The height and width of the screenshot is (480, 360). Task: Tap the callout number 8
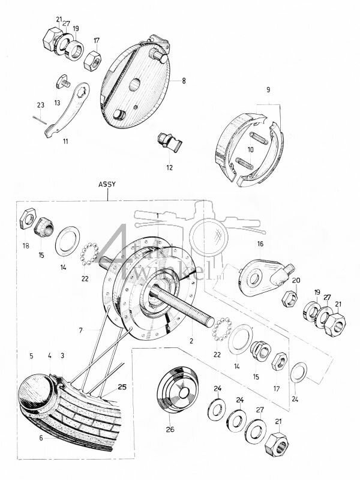[176, 79]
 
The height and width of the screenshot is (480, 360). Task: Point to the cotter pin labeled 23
[40, 118]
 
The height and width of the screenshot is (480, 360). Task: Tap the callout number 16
[260, 244]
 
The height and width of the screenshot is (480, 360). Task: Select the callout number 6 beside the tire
[41, 439]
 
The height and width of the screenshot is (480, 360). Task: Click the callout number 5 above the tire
[31, 356]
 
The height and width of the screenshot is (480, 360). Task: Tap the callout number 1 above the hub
[157, 215]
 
